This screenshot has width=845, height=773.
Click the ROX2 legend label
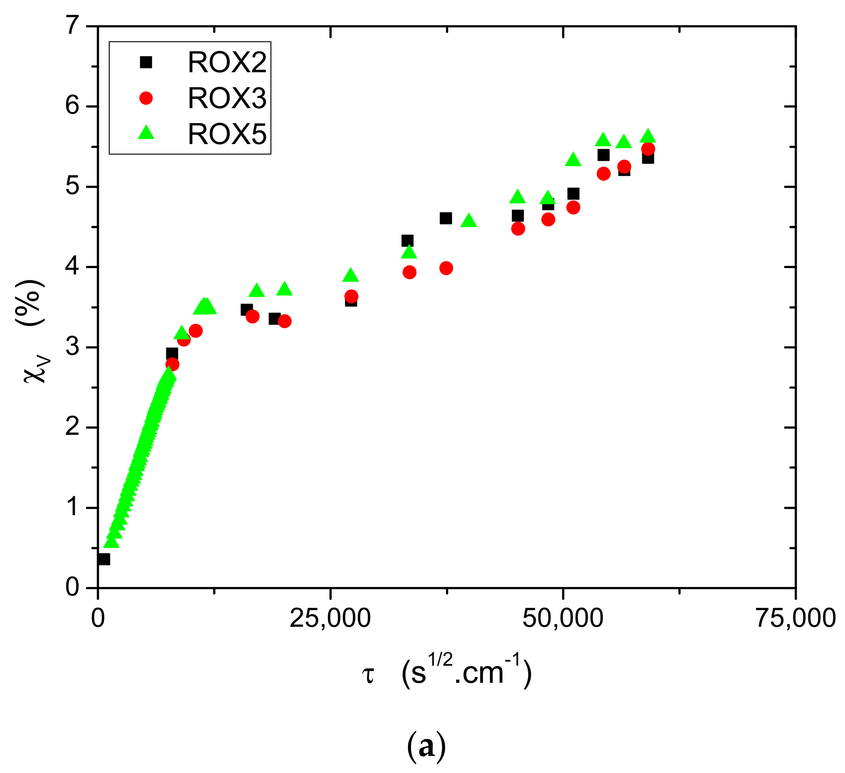tap(227, 62)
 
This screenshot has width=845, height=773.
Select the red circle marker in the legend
tap(146, 98)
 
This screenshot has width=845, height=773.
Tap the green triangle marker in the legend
tap(146, 133)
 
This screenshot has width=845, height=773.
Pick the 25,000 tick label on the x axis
tap(330, 618)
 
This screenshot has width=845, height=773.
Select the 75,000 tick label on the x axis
tap(795, 618)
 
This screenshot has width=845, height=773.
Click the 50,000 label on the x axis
tap(563, 618)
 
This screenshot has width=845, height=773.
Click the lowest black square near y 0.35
tap(103, 559)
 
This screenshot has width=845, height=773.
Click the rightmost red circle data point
tap(648, 149)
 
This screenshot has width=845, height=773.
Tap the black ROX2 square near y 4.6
tap(446, 218)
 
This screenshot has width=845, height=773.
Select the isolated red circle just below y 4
tap(446, 268)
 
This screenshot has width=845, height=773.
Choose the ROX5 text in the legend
tap(227, 134)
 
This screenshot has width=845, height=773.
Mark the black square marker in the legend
tap(146, 62)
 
